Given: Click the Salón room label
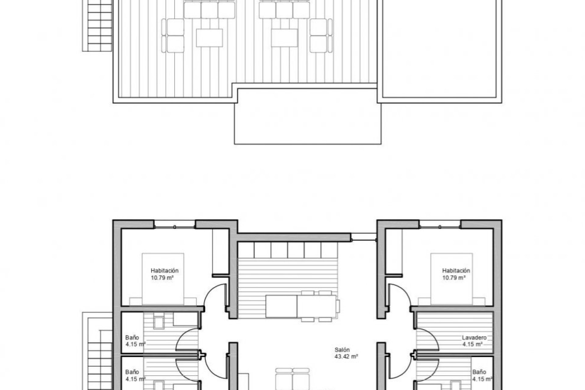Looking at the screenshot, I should [342, 350].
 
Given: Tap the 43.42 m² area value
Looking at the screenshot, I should [346, 356].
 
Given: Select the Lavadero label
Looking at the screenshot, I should [474, 338].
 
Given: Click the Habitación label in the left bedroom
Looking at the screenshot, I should [165, 271].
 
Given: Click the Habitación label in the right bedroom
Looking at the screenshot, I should [456, 271].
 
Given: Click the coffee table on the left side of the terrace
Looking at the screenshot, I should [209, 38].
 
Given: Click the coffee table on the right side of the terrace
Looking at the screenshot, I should [284, 38].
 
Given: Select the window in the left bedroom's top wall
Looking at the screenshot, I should [174, 226].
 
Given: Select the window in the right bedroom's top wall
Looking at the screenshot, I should [440, 226].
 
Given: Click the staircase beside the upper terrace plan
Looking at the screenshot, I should [100, 26].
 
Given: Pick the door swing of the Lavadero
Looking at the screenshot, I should [427, 340].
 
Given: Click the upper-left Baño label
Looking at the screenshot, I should [132, 338].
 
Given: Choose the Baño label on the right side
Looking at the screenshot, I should [479, 372].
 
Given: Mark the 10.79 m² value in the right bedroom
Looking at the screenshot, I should [454, 278].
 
